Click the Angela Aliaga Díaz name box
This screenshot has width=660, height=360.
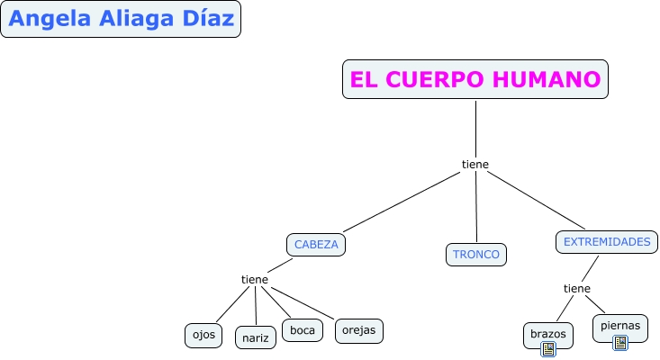coord(122,19)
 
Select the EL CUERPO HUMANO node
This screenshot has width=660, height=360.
coord(475,80)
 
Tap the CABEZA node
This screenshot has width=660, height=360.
coord(316,244)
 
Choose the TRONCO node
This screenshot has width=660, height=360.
coord(476,255)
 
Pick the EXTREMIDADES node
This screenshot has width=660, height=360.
coord(606,242)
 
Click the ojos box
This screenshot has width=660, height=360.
coord(203,334)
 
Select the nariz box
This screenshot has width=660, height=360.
coord(256,337)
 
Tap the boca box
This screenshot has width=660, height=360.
coord(303,330)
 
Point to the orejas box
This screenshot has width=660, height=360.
coord(359,330)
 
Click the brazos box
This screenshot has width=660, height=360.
coord(547,334)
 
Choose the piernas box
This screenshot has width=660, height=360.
coord(619,326)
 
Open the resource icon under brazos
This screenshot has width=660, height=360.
coord(548,348)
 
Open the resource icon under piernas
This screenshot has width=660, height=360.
coord(620,342)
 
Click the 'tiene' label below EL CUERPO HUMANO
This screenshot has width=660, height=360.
coord(475,164)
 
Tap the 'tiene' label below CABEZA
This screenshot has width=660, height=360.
coord(255,279)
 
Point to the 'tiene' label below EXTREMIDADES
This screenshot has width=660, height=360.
coord(577,288)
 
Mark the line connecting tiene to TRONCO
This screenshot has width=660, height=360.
coord(476,207)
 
